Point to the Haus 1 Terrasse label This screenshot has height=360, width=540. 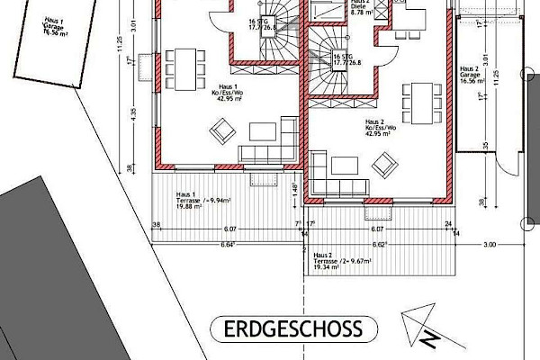tap(193, 200)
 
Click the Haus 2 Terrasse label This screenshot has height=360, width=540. tap(325, 261)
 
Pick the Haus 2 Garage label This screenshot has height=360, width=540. tap(472, 74)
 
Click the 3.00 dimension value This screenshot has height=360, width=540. tap(490, 244)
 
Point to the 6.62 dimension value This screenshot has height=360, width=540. tap(379, 245)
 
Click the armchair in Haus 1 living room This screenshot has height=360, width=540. tap(221, 132)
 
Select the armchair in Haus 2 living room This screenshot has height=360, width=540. tap(384, 164)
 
